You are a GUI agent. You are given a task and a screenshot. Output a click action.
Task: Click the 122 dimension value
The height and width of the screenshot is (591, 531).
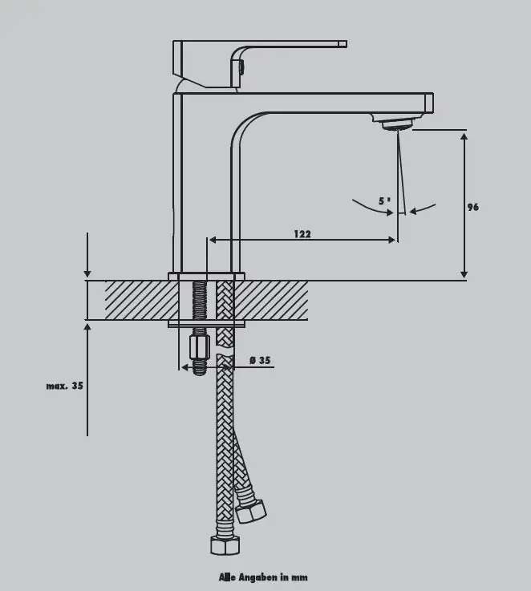click(x=302, y=234)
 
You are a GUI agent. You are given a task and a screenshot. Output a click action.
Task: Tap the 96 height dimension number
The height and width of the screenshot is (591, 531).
click(x=473, y=207)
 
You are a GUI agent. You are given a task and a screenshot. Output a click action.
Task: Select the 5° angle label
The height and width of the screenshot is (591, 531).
click(x=384, y=201)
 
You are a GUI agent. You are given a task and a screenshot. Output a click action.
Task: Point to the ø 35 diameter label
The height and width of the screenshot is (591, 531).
click(x=260, y=360)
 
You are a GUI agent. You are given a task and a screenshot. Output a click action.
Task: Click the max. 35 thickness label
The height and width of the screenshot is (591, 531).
click(x=64, y=386)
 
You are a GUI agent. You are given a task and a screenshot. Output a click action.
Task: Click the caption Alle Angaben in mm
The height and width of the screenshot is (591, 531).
click(x=263, y=577)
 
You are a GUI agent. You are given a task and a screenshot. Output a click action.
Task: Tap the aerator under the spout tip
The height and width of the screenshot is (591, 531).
click(x=398, y=124)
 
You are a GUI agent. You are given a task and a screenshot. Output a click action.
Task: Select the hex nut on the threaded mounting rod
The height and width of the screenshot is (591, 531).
click(x=200, y=348)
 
